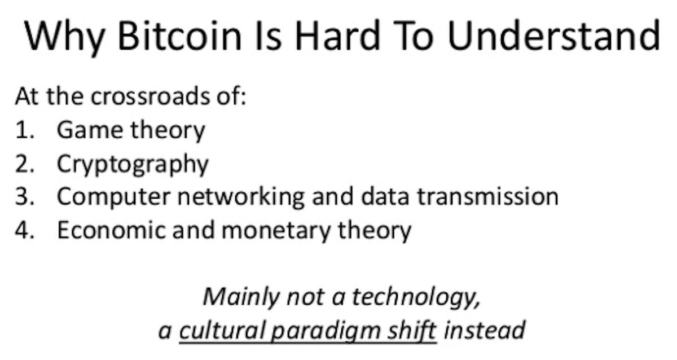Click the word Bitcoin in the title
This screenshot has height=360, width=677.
[179, 36]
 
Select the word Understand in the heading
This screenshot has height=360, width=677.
[553, 36]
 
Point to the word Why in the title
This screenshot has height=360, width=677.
[64, 38]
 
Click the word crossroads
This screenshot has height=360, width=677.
[150, 96]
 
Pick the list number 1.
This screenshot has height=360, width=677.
[24, 130]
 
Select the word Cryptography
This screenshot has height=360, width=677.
[133, 165]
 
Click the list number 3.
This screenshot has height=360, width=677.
[24, 197]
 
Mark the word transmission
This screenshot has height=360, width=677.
[487, 196]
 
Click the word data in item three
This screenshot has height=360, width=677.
[385, 196]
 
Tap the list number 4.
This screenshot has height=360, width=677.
[24, 230]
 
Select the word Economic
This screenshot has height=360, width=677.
[111, 230]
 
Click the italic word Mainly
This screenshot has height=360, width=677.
[241, 298]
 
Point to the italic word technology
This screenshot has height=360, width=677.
[416, 298]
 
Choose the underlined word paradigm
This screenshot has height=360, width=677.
[326, 332]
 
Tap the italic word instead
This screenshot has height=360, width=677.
[485, 330]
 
